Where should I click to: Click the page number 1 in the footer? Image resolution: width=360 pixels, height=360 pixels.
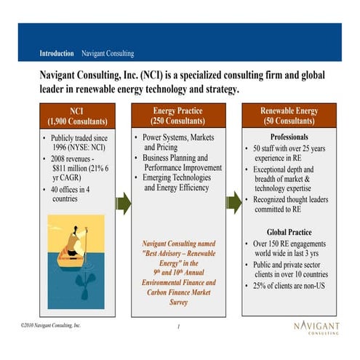[177, 327]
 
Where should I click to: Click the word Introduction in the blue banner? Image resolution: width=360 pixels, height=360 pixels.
[57, 53]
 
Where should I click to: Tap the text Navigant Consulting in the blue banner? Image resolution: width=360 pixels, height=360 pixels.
[108, 53]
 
